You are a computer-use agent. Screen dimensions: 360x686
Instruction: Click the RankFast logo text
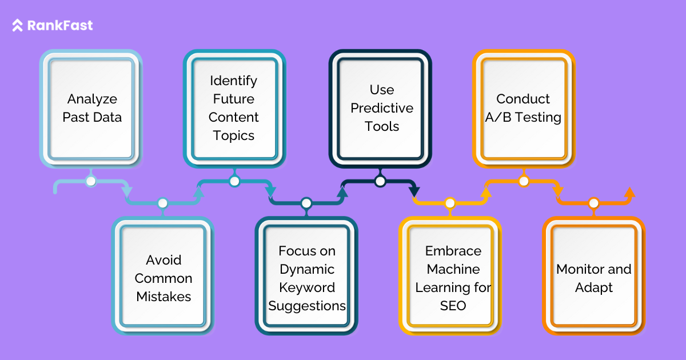(x=59, y=26)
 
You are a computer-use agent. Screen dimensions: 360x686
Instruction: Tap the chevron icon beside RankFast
(x=18, y=26)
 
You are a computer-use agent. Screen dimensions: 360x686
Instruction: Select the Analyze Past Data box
(x=91, y=108)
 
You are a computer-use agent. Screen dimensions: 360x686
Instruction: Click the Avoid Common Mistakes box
(x=163, y=278)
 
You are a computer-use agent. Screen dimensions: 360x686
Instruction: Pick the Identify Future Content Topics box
(x=234, y=108)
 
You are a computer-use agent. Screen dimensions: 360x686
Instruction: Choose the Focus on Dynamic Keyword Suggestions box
(x=307, y=278)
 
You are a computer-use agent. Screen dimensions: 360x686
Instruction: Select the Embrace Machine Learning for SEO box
(x=453, y=278)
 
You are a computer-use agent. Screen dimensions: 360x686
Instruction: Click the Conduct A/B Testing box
(x=523, y=108)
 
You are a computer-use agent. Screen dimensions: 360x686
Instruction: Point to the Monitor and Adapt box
(x=594, y=278)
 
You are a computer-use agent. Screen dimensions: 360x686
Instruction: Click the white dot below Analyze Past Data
(x=90, y=182)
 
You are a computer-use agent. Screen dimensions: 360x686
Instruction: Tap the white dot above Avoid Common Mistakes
(x=163, y=203)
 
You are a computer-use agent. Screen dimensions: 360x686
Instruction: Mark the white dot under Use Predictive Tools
(x=380, y=182)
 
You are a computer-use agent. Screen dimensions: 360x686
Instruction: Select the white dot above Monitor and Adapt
(x=593, y=203)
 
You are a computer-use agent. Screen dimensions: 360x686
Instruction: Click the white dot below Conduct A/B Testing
(x=523, y=182)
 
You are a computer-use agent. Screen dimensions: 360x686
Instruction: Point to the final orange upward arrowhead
(x=629, y=193)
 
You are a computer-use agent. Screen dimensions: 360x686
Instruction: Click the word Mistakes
(x=163, y=297)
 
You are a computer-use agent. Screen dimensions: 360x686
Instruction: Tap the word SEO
(x=453, y=306)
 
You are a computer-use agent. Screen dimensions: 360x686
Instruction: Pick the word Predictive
(x=381, y=108)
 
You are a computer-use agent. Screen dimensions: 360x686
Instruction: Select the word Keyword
(x=307, y=287)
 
